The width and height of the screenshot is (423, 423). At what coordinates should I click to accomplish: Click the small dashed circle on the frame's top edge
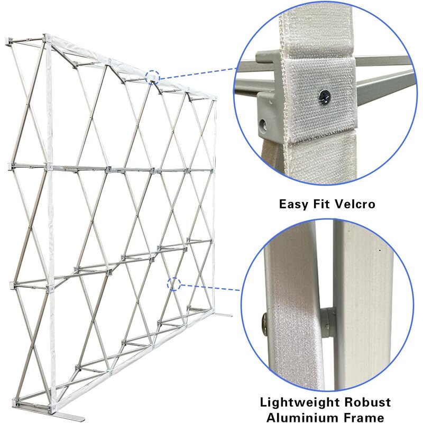[x=153, y=77]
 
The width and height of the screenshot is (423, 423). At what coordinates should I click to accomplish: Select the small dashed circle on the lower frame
[x=174, y=284]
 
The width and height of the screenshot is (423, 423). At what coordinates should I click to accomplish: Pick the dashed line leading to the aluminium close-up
[x=209, y=287]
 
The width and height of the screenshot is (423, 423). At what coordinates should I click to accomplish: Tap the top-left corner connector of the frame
[x=47, y=40]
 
